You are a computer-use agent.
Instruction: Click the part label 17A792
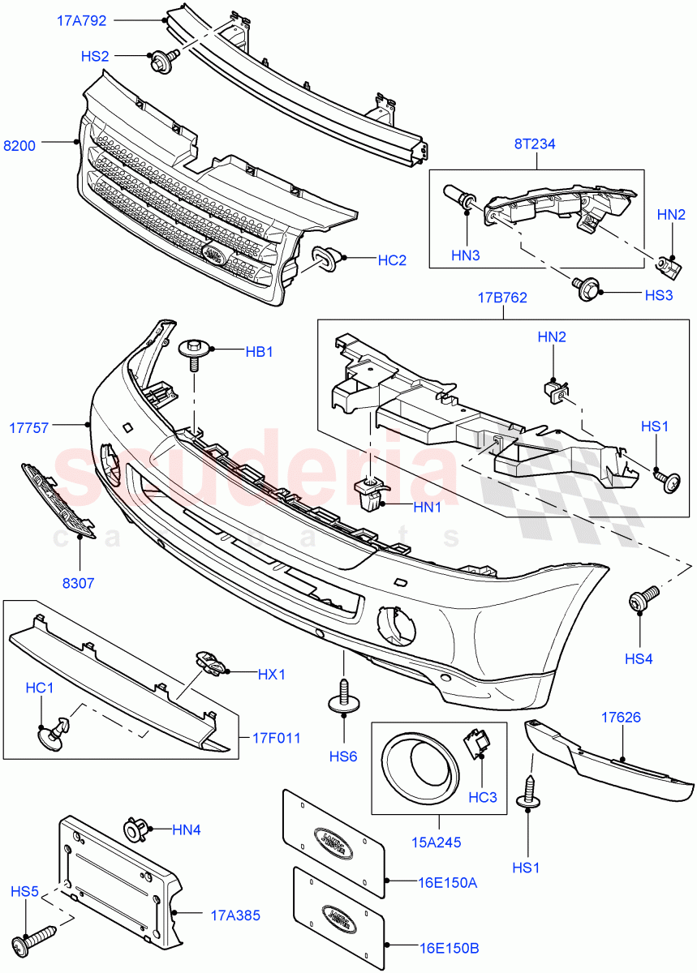coord(81,20)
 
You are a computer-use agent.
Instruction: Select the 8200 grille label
coord(19,146)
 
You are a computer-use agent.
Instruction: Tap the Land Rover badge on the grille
coord(213,253)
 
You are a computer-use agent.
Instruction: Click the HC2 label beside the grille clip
coord(392,260)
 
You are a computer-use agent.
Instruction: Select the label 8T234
coord(534,144)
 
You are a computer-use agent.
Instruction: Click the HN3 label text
coord(467,256)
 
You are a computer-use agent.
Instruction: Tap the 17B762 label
coord(502,298)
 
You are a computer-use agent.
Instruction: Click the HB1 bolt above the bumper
coord(193,352)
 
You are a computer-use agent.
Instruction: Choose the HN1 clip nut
coord(370,492)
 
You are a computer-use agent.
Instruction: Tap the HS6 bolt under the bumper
coord(342,699)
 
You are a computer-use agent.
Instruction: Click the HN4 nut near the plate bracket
coord(135,830)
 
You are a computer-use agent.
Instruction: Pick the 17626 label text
coord(621,717)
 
